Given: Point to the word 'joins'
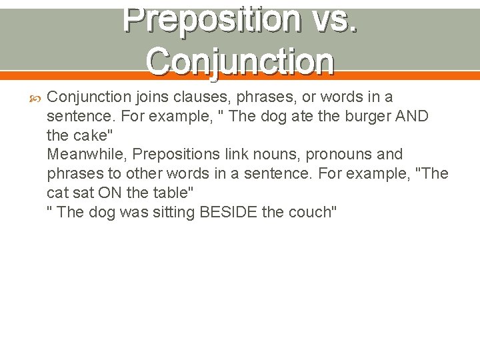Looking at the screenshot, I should [152, 97].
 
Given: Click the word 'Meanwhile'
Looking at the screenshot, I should [87, 155].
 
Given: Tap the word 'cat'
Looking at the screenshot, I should [59, 193].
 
